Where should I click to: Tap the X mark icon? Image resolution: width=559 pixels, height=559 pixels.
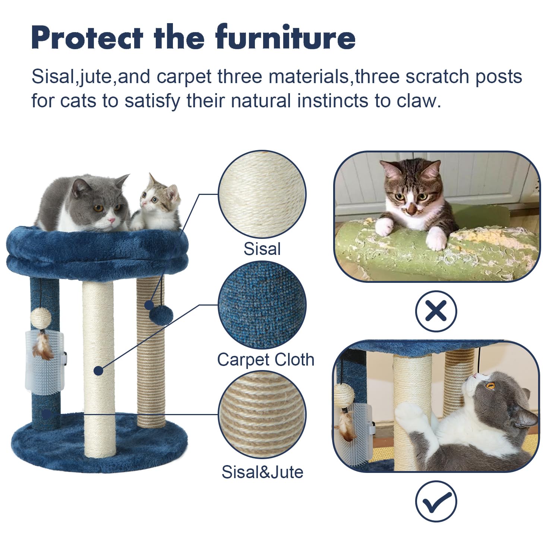[x=436, y=311]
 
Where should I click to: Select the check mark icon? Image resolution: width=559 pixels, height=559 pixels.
[x=436, y=501]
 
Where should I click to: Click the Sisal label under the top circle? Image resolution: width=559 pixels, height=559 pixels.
[x=262, y=249]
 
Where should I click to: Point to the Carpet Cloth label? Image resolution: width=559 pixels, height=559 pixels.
[x=266, y=360]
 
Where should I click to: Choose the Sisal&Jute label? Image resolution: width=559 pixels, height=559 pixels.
[x=262, y=472]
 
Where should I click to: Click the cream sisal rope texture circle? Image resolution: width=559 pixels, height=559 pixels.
[x=262, y=195]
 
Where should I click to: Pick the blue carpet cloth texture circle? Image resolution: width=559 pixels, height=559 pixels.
[x=262, y=305]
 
